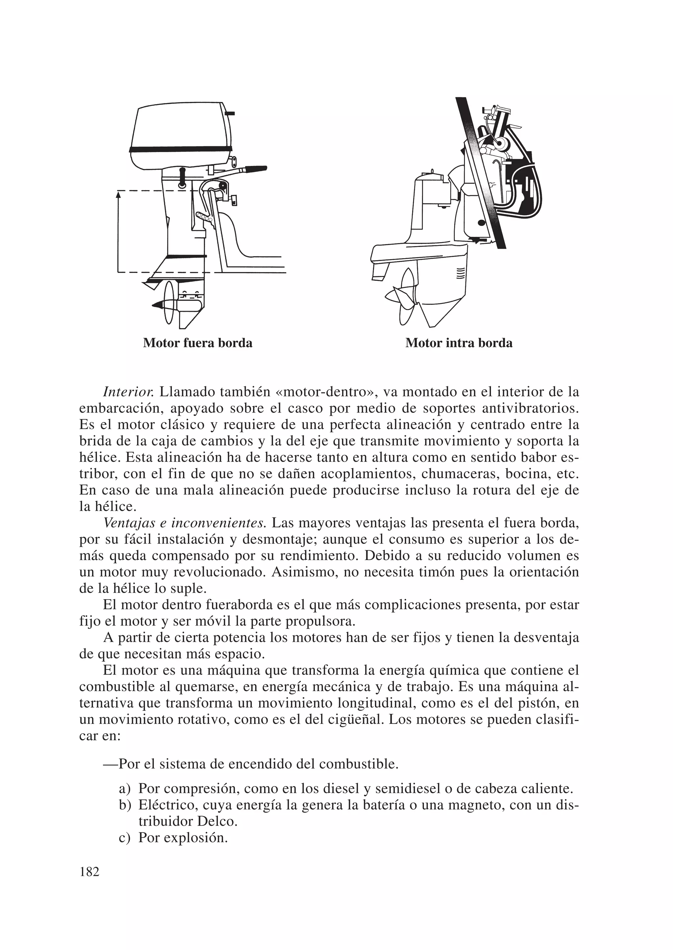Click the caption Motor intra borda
point(459,343)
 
